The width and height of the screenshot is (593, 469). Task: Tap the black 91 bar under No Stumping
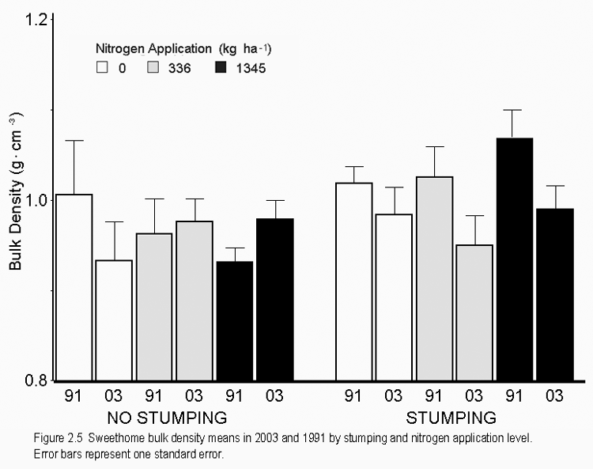[234, 320]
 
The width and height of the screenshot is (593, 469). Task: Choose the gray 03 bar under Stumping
[474, 312]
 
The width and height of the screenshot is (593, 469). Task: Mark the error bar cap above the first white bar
[74, 140]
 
